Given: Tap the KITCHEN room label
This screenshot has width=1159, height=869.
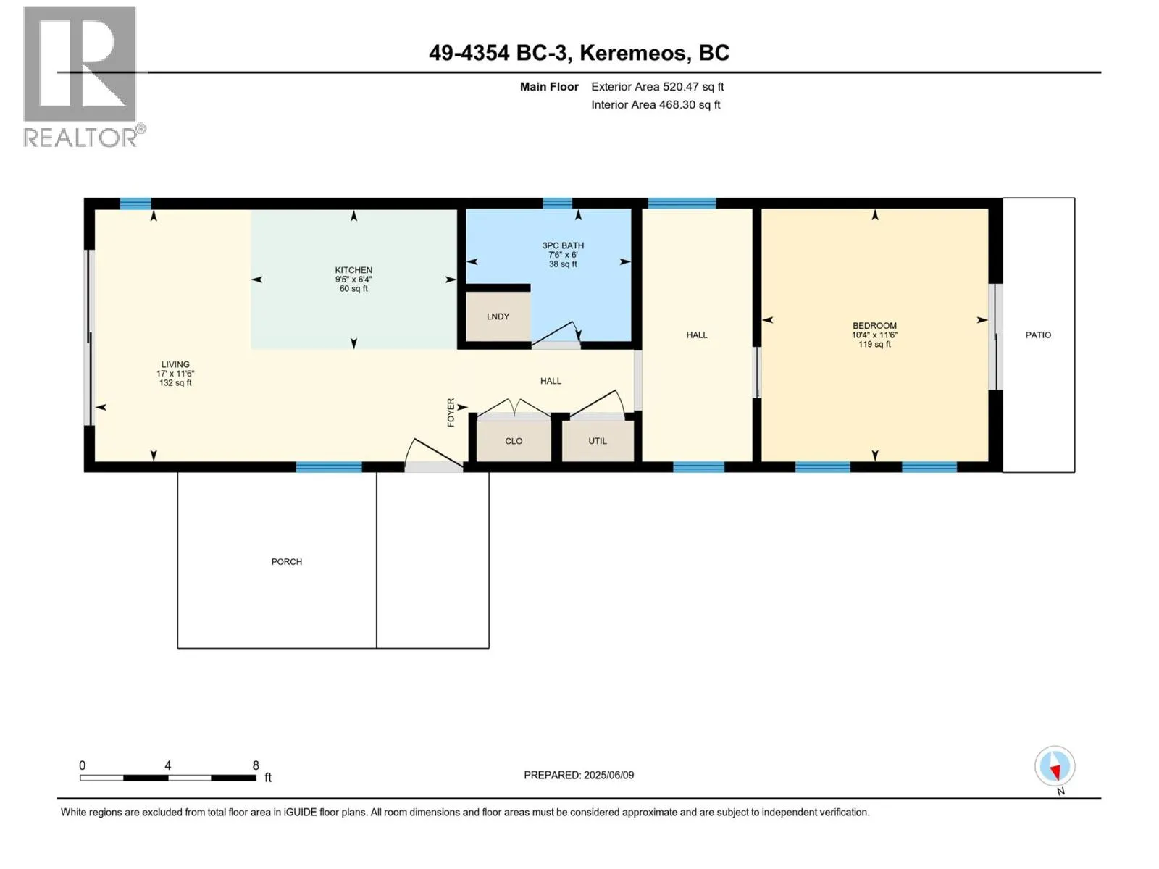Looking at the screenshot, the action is pyautogui.click(x=353, y=270).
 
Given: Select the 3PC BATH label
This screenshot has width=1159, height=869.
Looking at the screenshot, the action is pyautogui.click(x=563, y=245).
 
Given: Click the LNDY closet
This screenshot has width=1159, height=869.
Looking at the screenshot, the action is pyautogui.click(x=498, y=316).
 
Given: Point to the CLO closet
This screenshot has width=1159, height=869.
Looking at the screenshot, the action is pyautogui.click(x=514, y=441).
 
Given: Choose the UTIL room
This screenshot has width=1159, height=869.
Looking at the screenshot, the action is pyautogui.click(x=598, y=441).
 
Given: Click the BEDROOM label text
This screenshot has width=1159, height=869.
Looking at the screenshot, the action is pyautogui.click(x=874, y=326).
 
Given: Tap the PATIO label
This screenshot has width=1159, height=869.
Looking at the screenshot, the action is pyautogui.click(x=1038, y=335).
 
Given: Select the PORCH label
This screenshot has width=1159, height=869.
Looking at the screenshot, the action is pyautogui.click(x=287, y=562).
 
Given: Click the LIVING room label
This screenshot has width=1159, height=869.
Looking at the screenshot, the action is pyautogui.click(x=175, y=364).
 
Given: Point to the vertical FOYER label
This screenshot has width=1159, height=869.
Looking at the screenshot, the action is pyautogui.click(x=451, y=412).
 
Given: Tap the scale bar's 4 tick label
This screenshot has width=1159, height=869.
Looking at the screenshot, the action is pyautogui.click(x=168, y=765).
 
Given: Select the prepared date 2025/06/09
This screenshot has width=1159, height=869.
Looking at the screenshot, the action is pyautogui.click(x=608, y=775).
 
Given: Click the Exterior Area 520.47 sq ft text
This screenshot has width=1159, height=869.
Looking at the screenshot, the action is pyautogui.click(x=658, y=86).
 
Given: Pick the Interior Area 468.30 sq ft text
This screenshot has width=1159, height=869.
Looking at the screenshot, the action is pyautogui.click(x=656, y=104).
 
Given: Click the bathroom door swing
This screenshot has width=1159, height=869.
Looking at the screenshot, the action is pyautogui.click(x=556, y=333).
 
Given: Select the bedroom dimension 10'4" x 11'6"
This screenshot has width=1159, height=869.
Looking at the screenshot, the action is pyautogui.click(x=874, y=335).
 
